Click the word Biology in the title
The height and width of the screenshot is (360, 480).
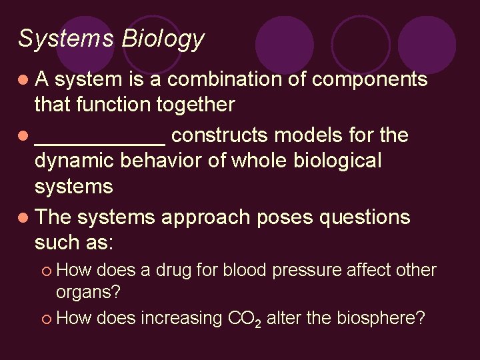tap(163, 39)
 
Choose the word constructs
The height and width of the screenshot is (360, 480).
tap(219, 135)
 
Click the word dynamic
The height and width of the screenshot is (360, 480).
tap(75, 161)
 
